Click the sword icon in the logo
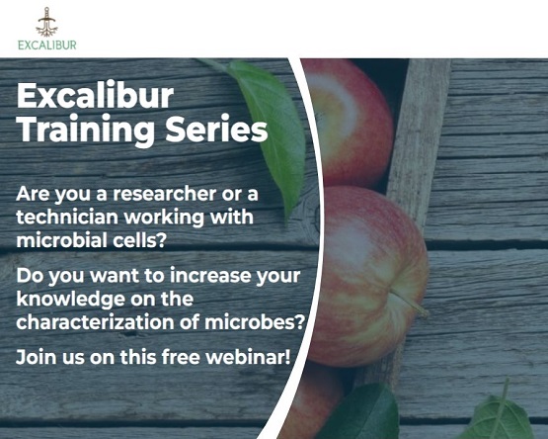point(46,21)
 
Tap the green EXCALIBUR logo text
point(46,44)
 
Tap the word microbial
point(57,238)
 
